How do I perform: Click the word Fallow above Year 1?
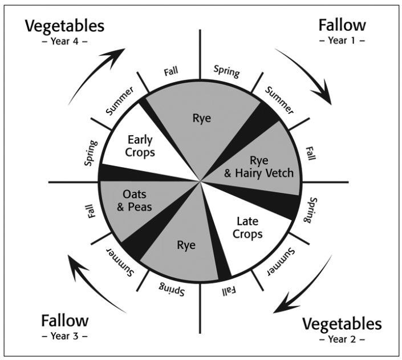point(342,26)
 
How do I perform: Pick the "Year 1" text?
point(342,41)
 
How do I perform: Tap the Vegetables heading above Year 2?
point(342,324)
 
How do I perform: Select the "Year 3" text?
point(64,336)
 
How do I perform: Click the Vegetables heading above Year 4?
point(64,26)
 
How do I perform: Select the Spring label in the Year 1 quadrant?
point(226,71)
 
